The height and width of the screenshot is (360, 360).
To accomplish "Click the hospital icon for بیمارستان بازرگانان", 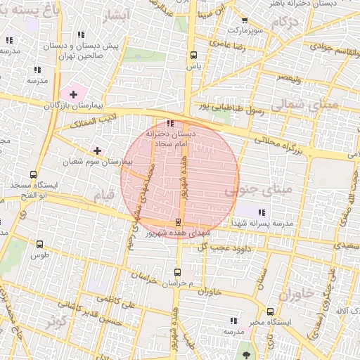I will [x=73, y=94].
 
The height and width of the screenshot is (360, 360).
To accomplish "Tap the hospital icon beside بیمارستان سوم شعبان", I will [x=97, y=150].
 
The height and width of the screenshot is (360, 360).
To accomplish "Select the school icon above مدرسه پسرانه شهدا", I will [x=262, y=212].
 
